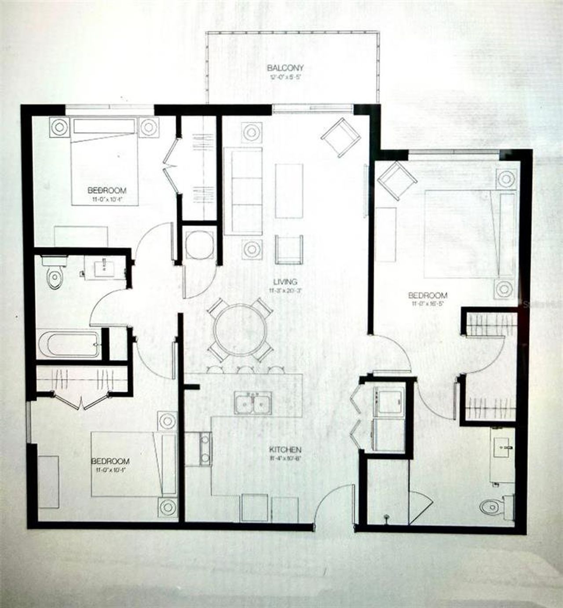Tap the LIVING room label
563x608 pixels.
pyautogui.click(x=285, y=282)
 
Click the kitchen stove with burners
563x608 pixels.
pyautogui.click(x=205, y=448)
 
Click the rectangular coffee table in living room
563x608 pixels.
pyautogui.click(x=289, y=191)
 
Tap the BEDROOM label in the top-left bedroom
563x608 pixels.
pyautogui.click(x=107, y=191)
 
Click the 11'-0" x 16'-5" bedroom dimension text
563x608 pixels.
pyautogui.click(x=429, y=303)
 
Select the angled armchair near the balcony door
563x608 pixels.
pyautogui.click(x=340, y=137)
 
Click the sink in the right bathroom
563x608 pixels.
pyautogui.click(x=504, y=448)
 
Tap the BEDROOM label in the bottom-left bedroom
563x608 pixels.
pyautogui.click(x=110, y=461)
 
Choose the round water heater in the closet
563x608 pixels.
pyautogui.click(x=197, y=245)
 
